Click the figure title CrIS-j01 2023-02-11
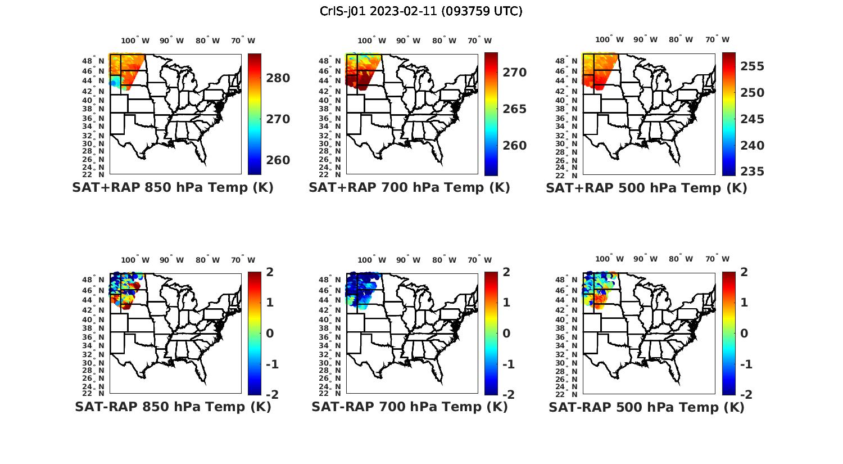coord(421,11)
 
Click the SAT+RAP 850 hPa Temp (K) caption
coord(173,188)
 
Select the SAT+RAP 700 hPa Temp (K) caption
coord(409,188)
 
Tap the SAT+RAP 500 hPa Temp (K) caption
coord(646,188)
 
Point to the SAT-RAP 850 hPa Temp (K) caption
coord(173,407)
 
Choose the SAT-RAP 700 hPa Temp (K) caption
coord(409,407)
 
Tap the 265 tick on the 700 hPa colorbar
coord(514,109)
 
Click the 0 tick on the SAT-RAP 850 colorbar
coord(270,334)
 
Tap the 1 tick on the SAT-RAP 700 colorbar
coord(506,303)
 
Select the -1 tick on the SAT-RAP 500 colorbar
coord(745,364)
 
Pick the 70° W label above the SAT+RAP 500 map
coord(718,39)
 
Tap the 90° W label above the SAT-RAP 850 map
coord(171,260)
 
